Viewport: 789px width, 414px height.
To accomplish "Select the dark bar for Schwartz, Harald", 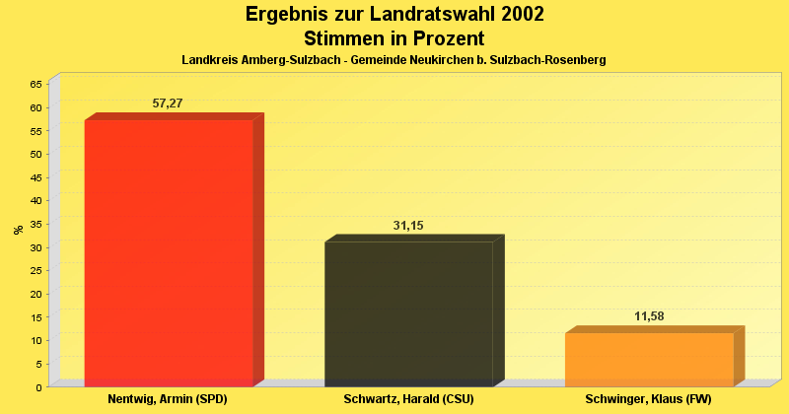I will pyautogui.click(x=408, y=312).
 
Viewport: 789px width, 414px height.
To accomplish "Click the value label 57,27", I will pyautogui.click(x=168, y=103).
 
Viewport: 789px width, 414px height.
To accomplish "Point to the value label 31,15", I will pyautogui.click(x=408, y=226).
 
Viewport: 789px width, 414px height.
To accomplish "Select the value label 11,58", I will pyautogui.click(x=649, y=316).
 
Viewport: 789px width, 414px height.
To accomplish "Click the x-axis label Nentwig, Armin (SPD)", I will pyautogui.click(x=168, y=400).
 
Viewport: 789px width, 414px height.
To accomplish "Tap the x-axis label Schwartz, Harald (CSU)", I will pyautogui.click(x=408, y=400).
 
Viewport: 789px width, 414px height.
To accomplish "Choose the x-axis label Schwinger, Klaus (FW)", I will pyautogui.click(x=648, y=400).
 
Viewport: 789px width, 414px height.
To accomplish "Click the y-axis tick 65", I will pyautogui.click(x=36, y=84).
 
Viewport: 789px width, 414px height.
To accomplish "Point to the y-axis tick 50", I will pyautogui.click(x=36, y=154).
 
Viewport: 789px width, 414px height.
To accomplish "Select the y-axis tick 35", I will pyautogui.click(x=36, y=224).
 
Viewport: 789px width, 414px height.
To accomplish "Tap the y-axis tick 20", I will pyautogui.click(x=36, y=294).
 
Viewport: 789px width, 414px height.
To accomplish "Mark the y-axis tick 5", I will pyautogui.click(x=38, y=364).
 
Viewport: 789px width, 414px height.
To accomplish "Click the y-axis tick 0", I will pyautogui.click(x=38, y=387).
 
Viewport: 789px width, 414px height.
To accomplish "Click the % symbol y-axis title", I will pyautogui.click(x=18, y=230).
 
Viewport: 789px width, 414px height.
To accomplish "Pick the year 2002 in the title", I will pyautogui.click(x=516, y=15).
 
